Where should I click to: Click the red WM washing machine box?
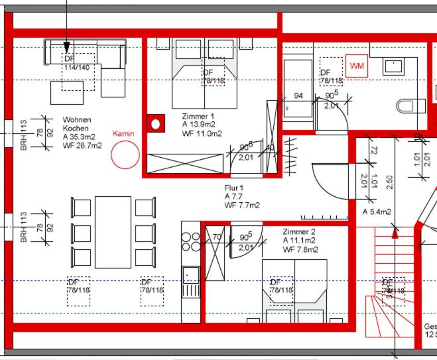(x=357, y=66)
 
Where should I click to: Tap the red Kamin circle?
(x=125, y=155)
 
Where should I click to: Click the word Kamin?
(x=123, y=133)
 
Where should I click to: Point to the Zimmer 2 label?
(x=299, y=232)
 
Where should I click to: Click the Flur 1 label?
(x=234, y=188)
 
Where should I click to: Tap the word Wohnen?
(x=77, y=120)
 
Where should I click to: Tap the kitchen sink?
(x=190, y=273)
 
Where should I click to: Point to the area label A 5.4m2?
(x=377, y=212)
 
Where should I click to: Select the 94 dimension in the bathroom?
(x=298, y=96)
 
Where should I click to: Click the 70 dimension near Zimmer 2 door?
(x=217, y=236)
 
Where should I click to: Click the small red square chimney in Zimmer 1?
(x=156, y=123)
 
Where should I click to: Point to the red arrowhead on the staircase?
(x=396, y=232)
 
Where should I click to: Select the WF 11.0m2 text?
(x=202, y=133)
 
